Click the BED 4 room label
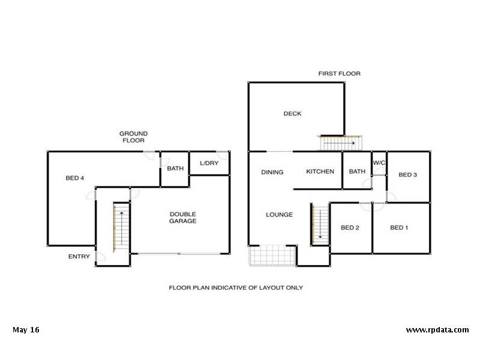[x=75, y=178]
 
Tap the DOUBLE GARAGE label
[x=183, y=218]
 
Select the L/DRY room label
[x=209, y=164]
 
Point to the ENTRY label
[x=79, y=257]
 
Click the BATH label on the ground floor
[x=175, y=169]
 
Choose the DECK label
[x=293, y=114]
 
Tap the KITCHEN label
[x=320, y=172]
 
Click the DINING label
[x=272, y=172]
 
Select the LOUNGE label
[x=280, y=215]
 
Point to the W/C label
[x=379, y=163]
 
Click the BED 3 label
[x=408, y=175]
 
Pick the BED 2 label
[x=350, y=227]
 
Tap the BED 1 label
[x=399, y=227]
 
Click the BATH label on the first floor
[x=357, y=172]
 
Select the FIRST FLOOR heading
[x=339, y=74]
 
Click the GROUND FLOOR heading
[x=133, y=137]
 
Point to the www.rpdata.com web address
[x=437, y=330]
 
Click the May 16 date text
[x=26, y=330]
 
